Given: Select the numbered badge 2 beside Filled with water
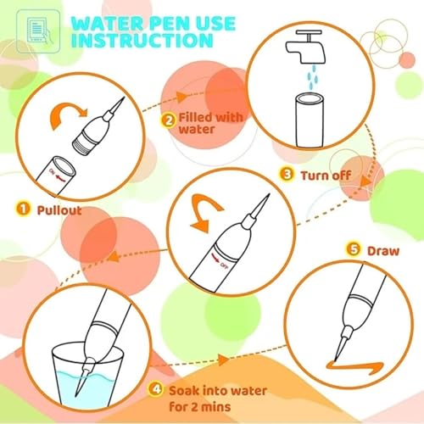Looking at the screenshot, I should pos(170,120).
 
